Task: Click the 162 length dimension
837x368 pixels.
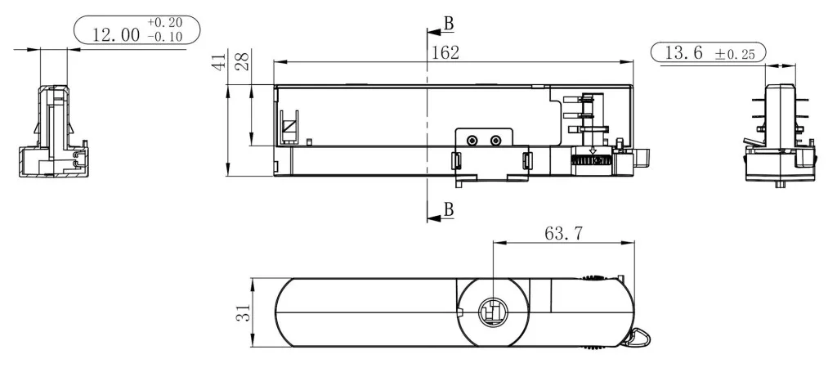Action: pos(445,52)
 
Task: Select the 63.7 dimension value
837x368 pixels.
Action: pos(564,233)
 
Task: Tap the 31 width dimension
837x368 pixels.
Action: pos(243,312)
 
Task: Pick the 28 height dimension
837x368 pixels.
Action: pos(243,61)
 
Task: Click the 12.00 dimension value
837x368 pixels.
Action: pos(116,34)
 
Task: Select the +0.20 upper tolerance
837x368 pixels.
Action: pos(165,22)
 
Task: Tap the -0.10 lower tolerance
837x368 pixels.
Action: pos(165,36)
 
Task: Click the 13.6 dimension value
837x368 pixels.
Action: pos(683,53)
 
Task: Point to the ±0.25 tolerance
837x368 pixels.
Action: pos(735,54)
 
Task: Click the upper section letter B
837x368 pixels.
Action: pos(449,23)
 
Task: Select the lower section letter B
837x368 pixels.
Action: pos(449,209)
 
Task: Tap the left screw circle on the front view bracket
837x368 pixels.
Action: pos(472,141)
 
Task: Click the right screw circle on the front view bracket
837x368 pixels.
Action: pos(496,141)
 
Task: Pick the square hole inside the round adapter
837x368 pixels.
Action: pos(493,312)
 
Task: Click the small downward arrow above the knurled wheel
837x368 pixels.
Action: pos(592,150)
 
